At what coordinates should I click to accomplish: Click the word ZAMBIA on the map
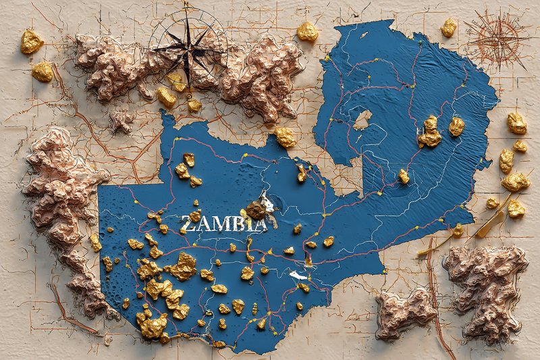pyautogui.click(x=223, y=224)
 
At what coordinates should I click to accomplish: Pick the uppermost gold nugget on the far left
pyautogui.click(x=31, y=41)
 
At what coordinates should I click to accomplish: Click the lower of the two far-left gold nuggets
pyautogui.click(x=42, y=71)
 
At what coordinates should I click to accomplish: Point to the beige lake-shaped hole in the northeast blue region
pyautogui.click(x=362, y=120)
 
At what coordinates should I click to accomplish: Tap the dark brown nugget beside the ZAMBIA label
pyautogui.click(x=256, y=210)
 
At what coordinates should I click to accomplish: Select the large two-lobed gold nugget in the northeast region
pyautogui.click(x=429, y=132)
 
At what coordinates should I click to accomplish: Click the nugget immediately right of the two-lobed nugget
pyautogui.click(x=456, y=126)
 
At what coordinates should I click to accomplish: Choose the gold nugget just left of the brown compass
pyautogui.click(x=449, y=27)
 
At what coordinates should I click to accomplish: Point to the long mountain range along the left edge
pyautogui.click(x=64, y=203)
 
